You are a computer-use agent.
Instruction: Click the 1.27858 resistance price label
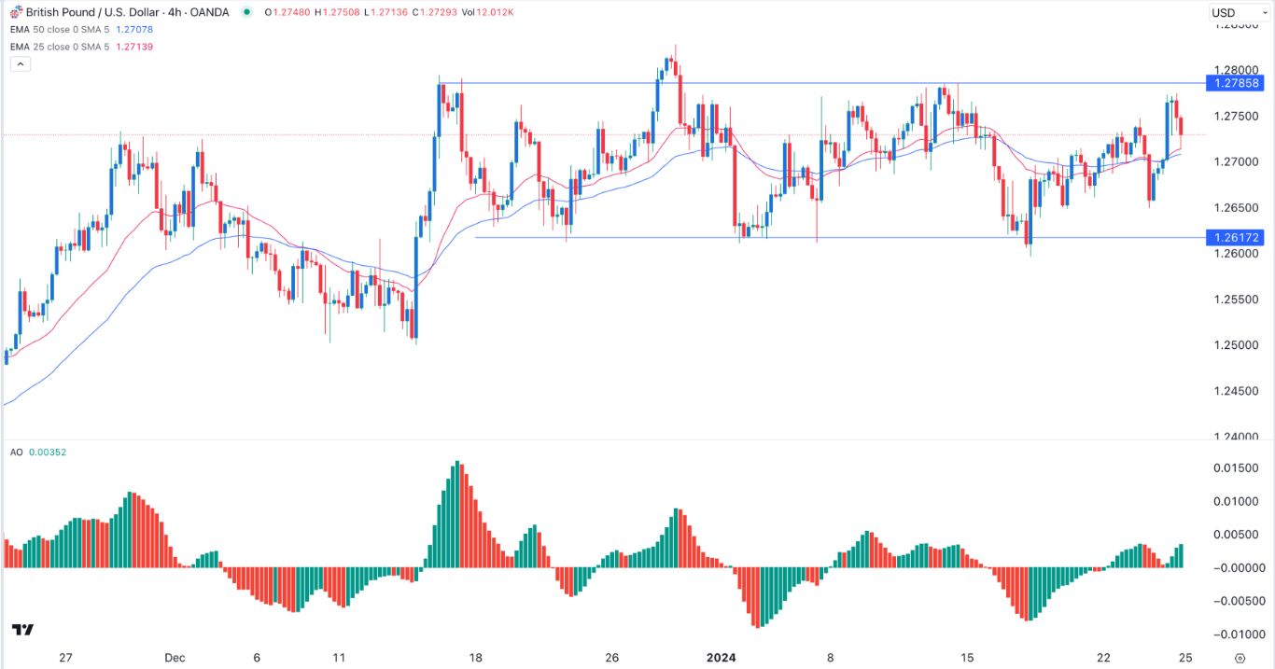[1237, 83]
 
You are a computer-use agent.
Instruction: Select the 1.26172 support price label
[1237, 237]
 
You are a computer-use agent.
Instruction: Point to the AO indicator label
[16, 453]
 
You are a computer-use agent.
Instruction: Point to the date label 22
[1103, 657]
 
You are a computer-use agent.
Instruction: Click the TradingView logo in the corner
[23, 630]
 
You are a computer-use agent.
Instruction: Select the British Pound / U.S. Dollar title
[93, 12]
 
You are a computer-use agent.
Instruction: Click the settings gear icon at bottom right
[1240, 657]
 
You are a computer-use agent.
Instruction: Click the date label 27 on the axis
[65, 657]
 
